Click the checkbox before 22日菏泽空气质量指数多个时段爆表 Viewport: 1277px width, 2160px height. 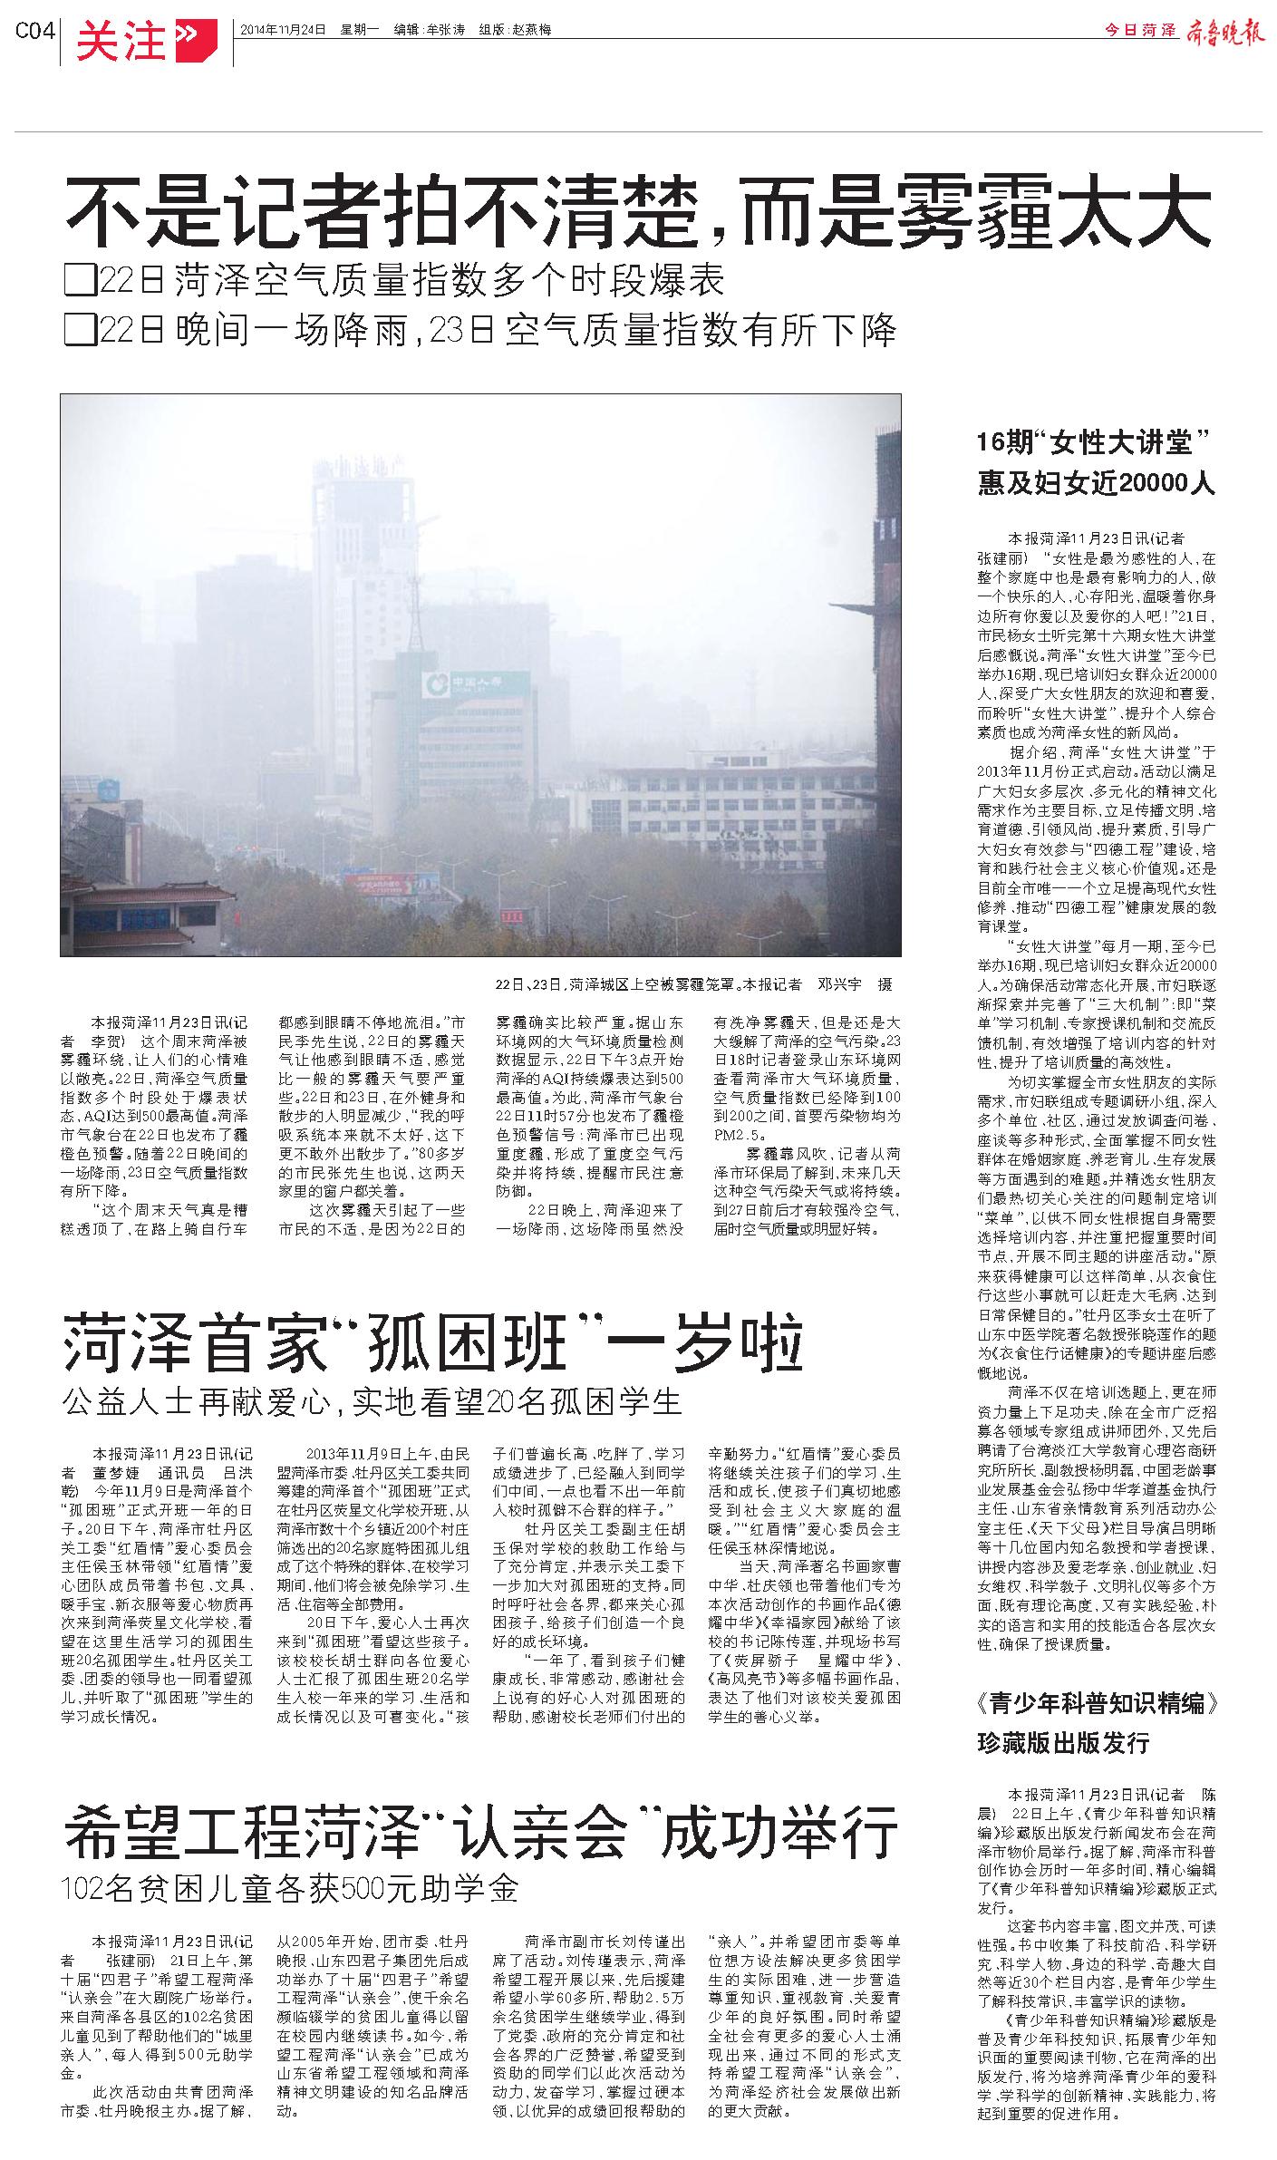81,282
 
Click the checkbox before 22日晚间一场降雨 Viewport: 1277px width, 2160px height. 81,331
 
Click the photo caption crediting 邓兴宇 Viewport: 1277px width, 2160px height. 693,983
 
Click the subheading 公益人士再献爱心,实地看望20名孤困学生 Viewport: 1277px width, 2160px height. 372,1401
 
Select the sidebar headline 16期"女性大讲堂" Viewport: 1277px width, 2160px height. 1095,444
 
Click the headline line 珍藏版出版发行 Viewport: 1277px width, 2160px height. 1063,1742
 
